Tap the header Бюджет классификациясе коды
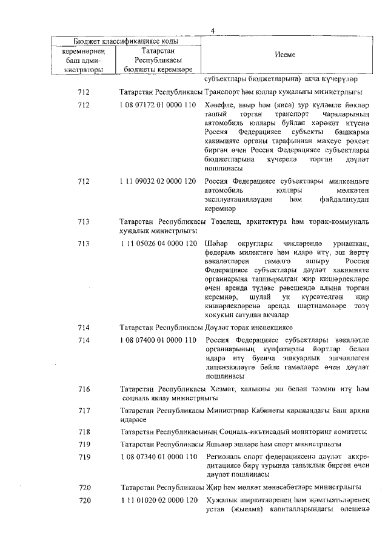tap(126, 41)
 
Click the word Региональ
tap(225, 456)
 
